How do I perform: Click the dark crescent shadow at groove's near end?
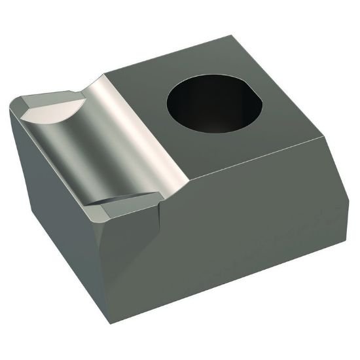(128, 199)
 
